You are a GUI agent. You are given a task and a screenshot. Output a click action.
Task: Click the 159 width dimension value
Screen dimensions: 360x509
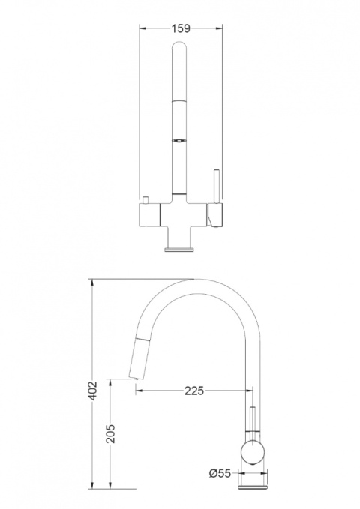coord(181,28)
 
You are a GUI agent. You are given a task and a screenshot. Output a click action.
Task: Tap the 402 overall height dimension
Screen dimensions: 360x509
coord(93,391)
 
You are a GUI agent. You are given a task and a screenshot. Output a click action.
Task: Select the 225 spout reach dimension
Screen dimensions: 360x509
coord(194,391)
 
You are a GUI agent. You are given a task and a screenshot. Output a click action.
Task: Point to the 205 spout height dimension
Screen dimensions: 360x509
coord(110,433)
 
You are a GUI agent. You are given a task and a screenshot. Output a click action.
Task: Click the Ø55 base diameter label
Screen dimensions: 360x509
coord(220,473)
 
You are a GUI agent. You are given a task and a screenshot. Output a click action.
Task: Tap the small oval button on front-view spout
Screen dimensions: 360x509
coord(179,141)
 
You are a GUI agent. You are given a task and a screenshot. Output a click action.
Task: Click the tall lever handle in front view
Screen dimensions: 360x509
coord(217,186)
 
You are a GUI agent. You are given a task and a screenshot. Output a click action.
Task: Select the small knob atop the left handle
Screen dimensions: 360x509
coord(145,200)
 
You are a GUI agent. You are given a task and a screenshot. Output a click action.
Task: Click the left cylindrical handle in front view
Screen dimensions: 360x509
coord(149,215)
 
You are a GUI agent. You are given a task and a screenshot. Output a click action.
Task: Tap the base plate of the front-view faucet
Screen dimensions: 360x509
coord(179,249)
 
